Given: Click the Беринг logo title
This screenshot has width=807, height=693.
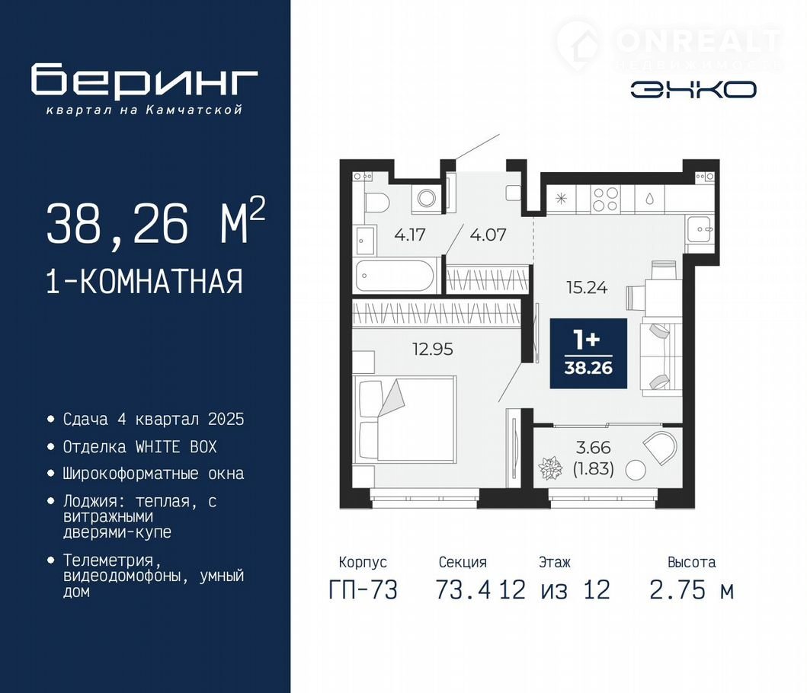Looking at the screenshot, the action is click(144, 80).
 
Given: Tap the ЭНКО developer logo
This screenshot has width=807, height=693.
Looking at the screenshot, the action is click(693, 90).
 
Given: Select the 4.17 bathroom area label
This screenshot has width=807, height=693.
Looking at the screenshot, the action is click(410, 235).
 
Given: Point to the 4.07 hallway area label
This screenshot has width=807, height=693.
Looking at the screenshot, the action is click(488, 235).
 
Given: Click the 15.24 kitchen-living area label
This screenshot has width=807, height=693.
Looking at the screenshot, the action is click(587, 288).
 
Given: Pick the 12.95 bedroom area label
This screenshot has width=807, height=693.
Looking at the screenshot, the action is click(432, 350).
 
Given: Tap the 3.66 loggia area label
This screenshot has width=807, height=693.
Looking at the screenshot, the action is click(594, 448).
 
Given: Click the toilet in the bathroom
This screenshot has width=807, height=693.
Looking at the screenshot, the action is click(375, 203).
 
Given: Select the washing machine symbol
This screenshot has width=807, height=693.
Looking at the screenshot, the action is click(426, 198).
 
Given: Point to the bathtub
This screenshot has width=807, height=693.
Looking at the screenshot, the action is click(395, 276).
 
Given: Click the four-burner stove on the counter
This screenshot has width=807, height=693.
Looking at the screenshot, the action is click(605, 199).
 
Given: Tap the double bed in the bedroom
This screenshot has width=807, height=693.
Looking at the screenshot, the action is click(405, 418).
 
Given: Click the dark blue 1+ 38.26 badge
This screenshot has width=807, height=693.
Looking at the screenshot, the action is click(588, 353).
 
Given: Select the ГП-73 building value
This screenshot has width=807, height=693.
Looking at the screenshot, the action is click(363, 589).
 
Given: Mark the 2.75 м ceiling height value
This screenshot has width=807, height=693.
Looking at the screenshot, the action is click(691, 589).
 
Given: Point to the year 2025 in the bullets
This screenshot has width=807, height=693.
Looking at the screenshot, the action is click(226, 420).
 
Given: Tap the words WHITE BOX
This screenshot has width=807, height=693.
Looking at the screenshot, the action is click(176, 446).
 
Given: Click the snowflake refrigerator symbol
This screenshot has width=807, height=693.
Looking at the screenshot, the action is click(561, 198).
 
